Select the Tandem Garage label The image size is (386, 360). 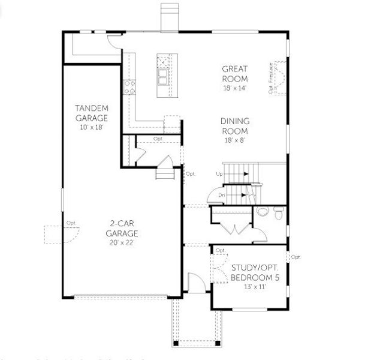(92, 113)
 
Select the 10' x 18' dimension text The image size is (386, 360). (92, 127)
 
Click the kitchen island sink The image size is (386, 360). (163, 77)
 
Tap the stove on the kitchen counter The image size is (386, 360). (129, 87)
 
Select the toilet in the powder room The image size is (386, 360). (277, 212)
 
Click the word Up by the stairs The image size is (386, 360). (219, 173)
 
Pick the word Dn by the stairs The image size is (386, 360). (221, 195)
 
